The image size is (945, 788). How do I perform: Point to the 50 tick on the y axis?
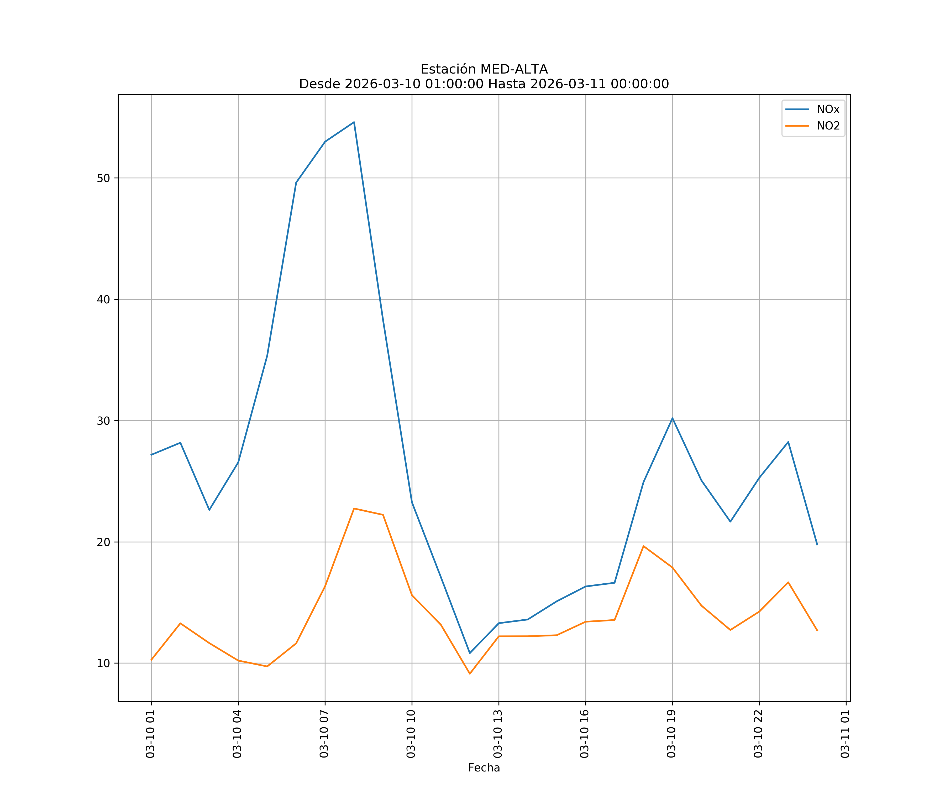tap(103, 178)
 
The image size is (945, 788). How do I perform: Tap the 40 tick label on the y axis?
tap(103, 299)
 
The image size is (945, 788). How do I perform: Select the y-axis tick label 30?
tap(103, 421)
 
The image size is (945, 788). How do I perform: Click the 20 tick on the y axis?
tap(103, 542)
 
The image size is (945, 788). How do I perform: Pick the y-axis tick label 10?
tap(103, 663)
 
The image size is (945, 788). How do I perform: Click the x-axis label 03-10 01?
tap(150, 734)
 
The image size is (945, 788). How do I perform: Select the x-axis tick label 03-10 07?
tap(324, 734)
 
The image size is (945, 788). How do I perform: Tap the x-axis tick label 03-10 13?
tap(498, 734)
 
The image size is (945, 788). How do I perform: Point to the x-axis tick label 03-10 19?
tap(671, 734)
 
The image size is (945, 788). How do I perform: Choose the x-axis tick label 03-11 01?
tap(845, 734)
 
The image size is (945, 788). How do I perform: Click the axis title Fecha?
tap(484, 768)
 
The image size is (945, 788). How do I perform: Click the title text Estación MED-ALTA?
tap(484, 69)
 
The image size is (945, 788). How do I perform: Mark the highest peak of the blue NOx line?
tap(354, 122)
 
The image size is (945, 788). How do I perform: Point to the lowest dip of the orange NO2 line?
tap(470, 674)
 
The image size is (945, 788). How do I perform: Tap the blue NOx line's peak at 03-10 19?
tap(672, 418)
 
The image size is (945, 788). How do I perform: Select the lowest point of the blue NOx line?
tap(470, 653)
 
